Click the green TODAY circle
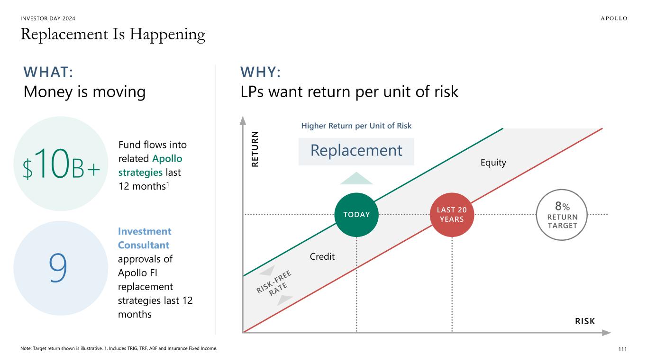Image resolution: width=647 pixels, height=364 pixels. (356, 215)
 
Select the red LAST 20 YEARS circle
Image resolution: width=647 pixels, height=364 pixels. (452, 215)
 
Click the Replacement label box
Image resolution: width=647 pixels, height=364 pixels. (356, 151)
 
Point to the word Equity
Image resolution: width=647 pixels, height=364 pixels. (493, 163)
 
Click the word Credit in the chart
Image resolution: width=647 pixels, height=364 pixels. (322, 257)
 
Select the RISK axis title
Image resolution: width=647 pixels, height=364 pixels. (585, 321)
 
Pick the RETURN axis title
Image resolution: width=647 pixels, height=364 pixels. (255, 149)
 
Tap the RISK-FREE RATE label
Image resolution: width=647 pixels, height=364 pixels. (275, 285)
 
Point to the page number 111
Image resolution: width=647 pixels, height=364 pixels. (622, 349)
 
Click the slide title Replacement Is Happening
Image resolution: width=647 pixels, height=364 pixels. (113, 35)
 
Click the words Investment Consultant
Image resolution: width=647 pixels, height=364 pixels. (144, 238)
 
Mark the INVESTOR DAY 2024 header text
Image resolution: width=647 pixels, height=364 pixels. (48, 18)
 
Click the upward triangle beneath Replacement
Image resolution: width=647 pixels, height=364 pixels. (356, 179)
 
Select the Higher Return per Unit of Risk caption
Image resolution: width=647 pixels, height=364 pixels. (356, 126)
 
